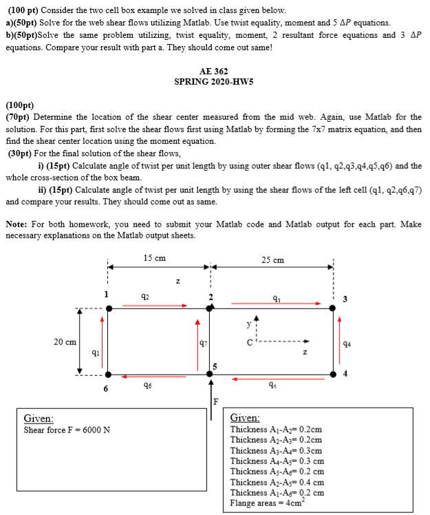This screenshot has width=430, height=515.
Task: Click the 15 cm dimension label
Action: click(155, 258)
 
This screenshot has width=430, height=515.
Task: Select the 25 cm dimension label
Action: click(273, 260)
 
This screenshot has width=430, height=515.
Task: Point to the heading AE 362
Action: click(213, 71)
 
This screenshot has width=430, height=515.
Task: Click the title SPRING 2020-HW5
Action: click(213, 81)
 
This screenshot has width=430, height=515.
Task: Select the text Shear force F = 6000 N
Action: click(67, 430)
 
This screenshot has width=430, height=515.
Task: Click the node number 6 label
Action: click(106, 388)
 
